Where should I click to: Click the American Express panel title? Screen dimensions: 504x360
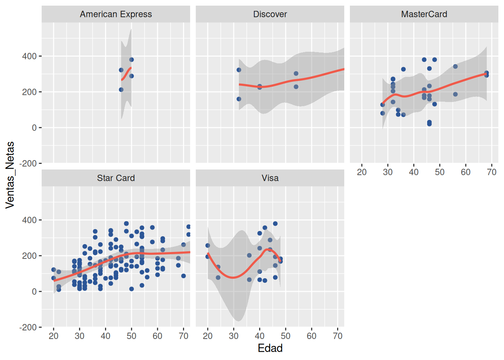click(x=116, y=14)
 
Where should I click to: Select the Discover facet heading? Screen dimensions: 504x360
click(x=270, y=14)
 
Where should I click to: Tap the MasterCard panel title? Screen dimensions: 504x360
click(x=424, y=14)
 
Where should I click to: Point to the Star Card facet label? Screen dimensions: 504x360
click(x=116, y=178)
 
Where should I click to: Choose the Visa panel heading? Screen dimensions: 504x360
click(x=270, y=178)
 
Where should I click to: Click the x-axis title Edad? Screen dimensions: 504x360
click(x=270, y=348)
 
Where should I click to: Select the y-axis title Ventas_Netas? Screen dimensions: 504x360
click(x=10, y=175)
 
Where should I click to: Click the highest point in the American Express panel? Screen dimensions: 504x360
click(x=132, y=60)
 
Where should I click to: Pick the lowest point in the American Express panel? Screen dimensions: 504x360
click(x=121, y=90)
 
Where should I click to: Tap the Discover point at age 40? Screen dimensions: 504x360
click(x=259, y=87)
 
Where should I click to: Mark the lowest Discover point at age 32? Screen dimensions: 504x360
click(x=239, y=99)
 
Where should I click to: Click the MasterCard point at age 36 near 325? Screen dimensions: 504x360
click(x=403, y=69)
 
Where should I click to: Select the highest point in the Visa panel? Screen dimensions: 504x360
click(x=275, y=223)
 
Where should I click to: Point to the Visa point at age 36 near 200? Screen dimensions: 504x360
click(x=249, y=255)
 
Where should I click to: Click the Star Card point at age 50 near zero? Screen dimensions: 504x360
click(x=132, y=289)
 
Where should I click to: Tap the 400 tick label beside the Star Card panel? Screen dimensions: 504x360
click(x=30, y=220)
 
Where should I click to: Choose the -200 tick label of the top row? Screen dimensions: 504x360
click(x=28, y=163)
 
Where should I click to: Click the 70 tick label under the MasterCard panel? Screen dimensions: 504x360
click(x=492, y=172)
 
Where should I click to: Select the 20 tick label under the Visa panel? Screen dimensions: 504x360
click(x=208, y=336)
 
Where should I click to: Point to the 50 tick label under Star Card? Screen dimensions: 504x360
click(x=132, y=336)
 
